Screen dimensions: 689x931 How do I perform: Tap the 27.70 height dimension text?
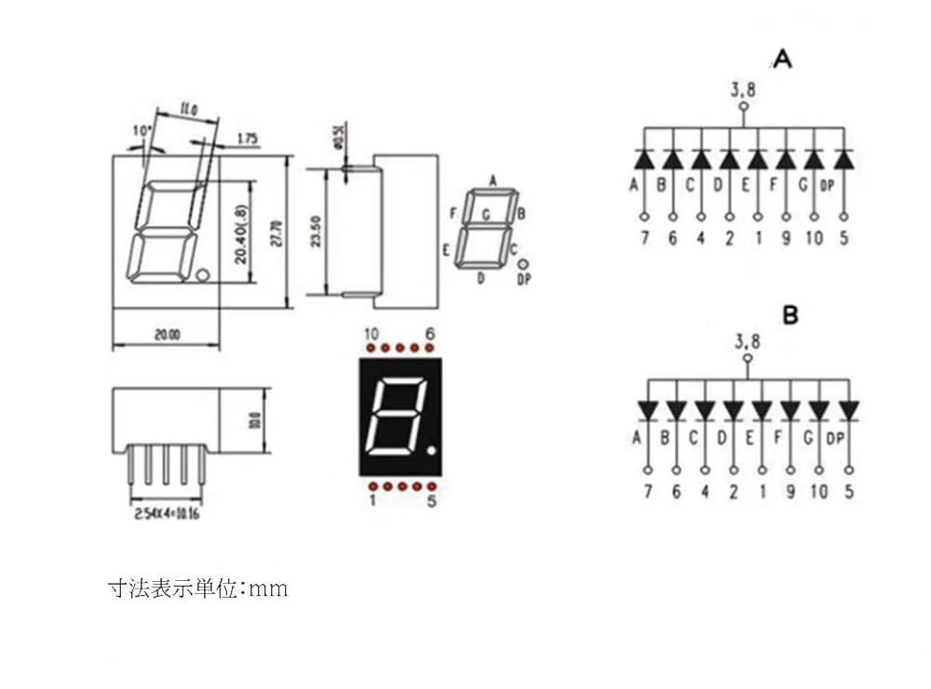276,232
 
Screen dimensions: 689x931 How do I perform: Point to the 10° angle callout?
142,131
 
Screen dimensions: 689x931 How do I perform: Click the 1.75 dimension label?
248,139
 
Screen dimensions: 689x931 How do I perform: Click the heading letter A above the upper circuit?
782,61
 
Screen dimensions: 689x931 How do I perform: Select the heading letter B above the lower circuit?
789,317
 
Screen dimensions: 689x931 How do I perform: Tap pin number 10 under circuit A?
814,238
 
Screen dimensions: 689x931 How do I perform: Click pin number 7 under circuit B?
647,492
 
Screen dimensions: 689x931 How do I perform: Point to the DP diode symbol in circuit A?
843,159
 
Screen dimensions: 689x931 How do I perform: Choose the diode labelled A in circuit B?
647,411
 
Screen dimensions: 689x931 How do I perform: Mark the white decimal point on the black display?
431,452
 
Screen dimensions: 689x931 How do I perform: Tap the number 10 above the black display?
371,334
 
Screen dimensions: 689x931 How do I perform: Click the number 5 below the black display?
431,502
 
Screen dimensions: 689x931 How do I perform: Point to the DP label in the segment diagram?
523,279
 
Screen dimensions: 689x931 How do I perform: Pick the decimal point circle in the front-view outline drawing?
202,275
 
